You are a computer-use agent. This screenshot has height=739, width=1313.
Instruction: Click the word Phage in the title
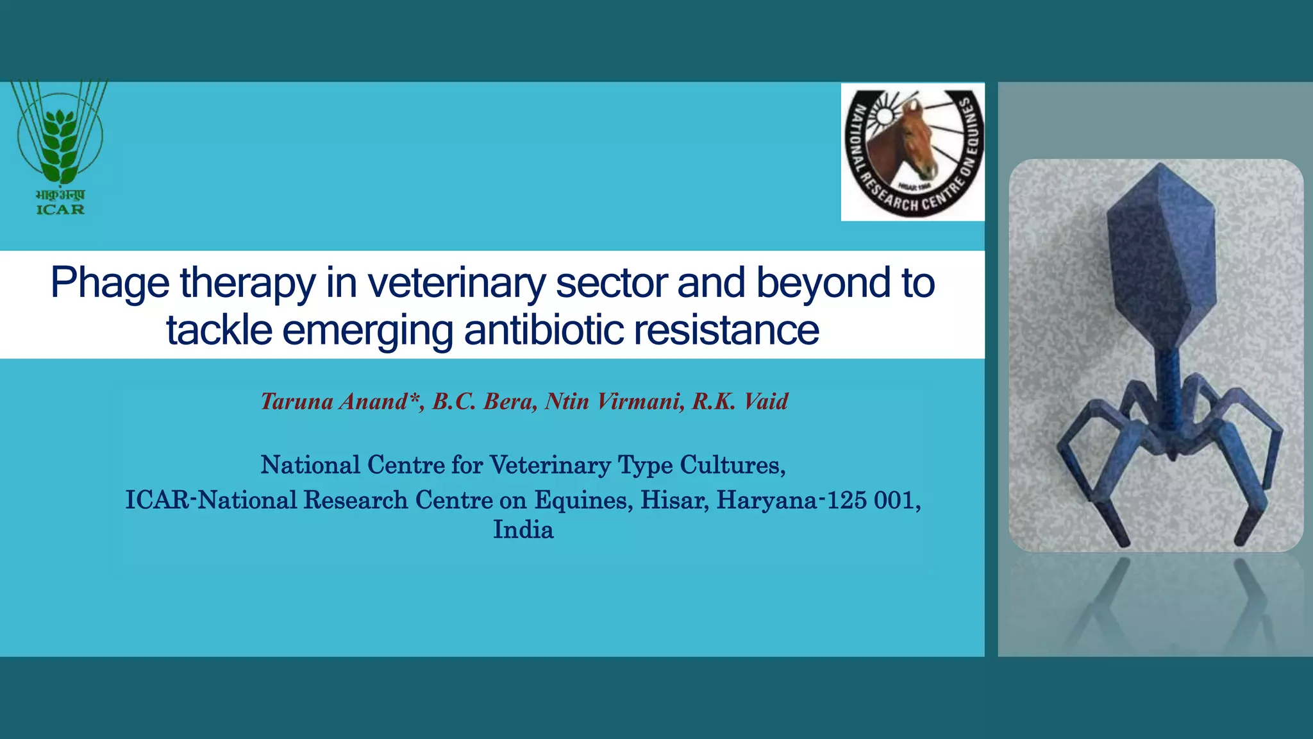point(110,283)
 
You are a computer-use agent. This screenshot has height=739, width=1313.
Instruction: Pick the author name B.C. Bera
point(485,402)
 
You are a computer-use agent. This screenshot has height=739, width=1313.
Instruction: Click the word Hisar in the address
point(674,500)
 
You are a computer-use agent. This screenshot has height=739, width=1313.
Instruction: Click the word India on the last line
point(523,530)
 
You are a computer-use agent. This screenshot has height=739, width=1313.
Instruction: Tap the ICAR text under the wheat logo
point(60,209)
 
